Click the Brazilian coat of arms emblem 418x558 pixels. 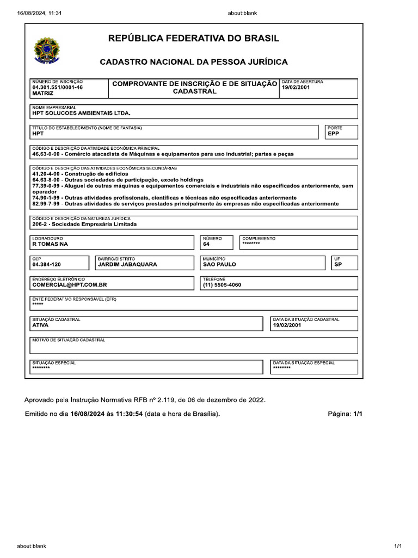pyautogui.click(x=48, y=50)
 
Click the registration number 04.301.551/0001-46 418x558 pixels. pyautogui.click(x=58, y=87)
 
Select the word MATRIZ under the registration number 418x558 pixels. pyautogui.click(x=42, y=94)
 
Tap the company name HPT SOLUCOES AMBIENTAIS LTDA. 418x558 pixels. pyautogui.click(x=82, y=113)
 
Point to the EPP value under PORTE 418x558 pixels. pyautogui.click(x=333, y=134)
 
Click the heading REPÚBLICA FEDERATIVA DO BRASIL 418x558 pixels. pyautogui.click(x=194, y=39)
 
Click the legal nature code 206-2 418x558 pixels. pyautogui.click(x=40, y=224)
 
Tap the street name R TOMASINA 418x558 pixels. pyautogui.click(x=50, y=244)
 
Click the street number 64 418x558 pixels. pyautogui.click(x=206, y=244)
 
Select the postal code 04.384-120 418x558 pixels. pyautogui.click(x=47, y=264)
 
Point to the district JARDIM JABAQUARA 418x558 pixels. pyautogui.click(x=127, y=264)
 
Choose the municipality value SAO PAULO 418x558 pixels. pyautogui.click(x=219, y=264)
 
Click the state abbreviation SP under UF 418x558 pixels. pyautogui.click(x=337, y=264)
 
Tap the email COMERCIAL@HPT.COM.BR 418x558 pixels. pyautogui.click(x=69, y=284)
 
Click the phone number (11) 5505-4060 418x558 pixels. pyautogui.click(x=222, y=284)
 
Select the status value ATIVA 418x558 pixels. pyautogui.click(x=40, y=325)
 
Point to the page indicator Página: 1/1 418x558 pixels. pyautogui.click(x=345, y=414)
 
